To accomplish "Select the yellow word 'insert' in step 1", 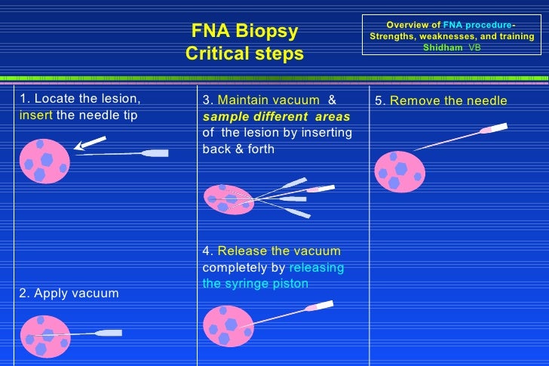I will tap(35, 115).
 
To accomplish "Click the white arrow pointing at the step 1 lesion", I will tap(91, 143).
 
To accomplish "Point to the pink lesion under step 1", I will tap(44, 161).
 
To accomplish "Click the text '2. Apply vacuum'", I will tap(69, 293).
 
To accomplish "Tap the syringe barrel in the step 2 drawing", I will tap(110, 333).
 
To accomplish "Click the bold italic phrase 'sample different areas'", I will tap(276, 117).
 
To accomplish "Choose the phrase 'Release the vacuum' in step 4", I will tap(278, 251).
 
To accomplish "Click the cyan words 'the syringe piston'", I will tap(255, 284).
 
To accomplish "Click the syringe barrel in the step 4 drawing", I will tap(320, 306).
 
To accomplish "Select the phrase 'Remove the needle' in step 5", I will tap(448, 101).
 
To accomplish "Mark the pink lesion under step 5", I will tap(399, 171).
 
